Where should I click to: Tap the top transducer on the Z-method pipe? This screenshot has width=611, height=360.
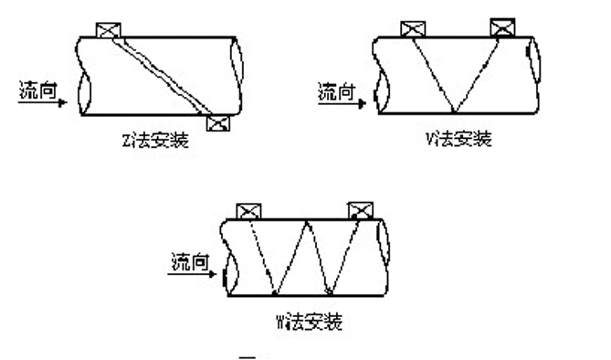point(109,31)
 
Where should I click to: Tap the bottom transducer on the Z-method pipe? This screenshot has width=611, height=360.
point(218,123)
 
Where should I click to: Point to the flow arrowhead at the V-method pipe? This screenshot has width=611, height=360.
point(362,102)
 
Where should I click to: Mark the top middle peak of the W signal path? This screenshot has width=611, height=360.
point(305,221)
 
